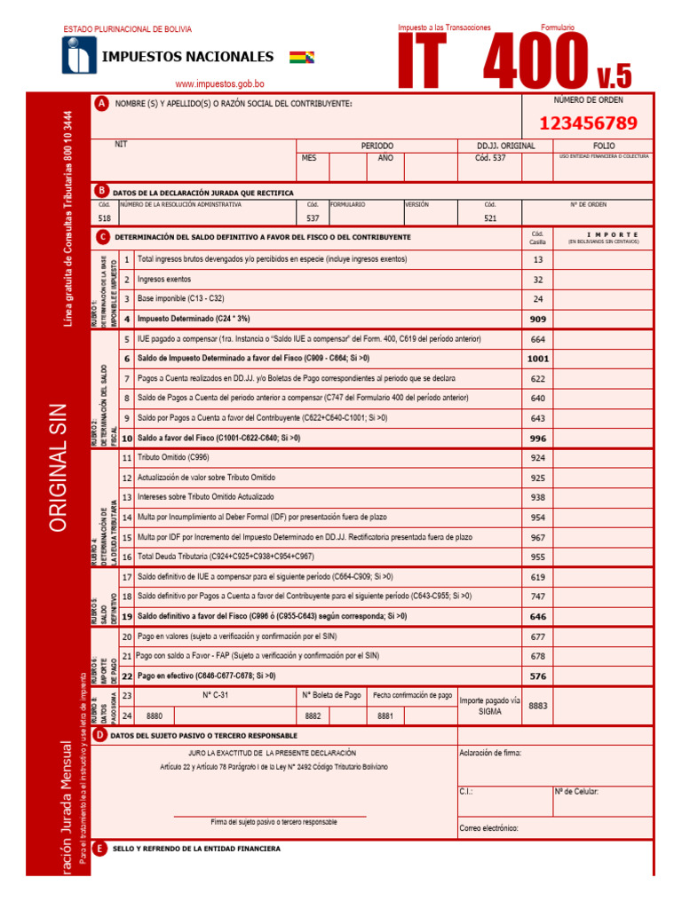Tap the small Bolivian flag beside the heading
301,58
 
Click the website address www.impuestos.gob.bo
219,84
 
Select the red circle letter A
101,104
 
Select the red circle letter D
101,735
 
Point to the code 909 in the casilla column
537,319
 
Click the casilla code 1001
537,359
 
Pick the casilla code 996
537,438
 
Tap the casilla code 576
537,676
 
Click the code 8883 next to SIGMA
538,705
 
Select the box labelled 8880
155,715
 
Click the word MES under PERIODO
309,158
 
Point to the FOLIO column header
603,145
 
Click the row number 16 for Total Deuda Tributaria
127,557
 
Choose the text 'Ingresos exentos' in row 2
166,279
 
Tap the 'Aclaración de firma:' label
490,753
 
